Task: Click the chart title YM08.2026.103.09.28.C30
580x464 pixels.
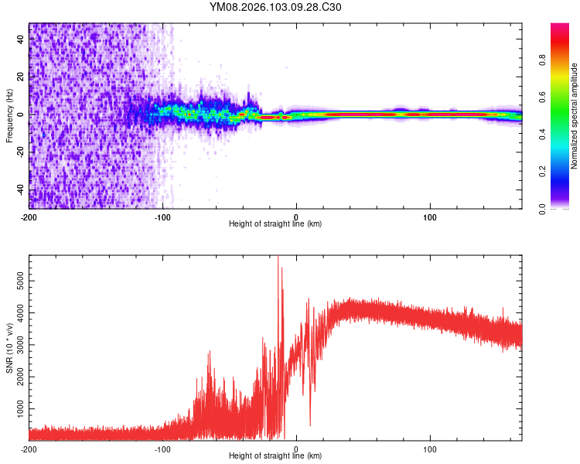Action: tap(275, 7)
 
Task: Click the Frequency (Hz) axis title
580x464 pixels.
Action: tap(9, 116)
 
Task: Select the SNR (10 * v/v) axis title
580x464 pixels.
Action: tap(9, 347)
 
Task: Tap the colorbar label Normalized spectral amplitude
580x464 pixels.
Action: tap(574, 116)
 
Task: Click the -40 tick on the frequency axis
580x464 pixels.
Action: tap(21, 190)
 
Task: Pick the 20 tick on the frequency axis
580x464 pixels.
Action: tap(21, 77)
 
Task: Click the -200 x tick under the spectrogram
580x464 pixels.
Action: tap(29, 216)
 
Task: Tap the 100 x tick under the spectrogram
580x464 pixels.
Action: tap(430, 216)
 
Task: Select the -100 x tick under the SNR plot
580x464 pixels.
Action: tap(162, 448)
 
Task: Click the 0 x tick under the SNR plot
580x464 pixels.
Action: tap(296, 448)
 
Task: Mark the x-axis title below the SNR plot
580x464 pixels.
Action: tap(275, 456)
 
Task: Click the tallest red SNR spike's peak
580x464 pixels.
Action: tap(278, 258)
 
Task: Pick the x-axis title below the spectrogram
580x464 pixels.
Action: tap(275, 224)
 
